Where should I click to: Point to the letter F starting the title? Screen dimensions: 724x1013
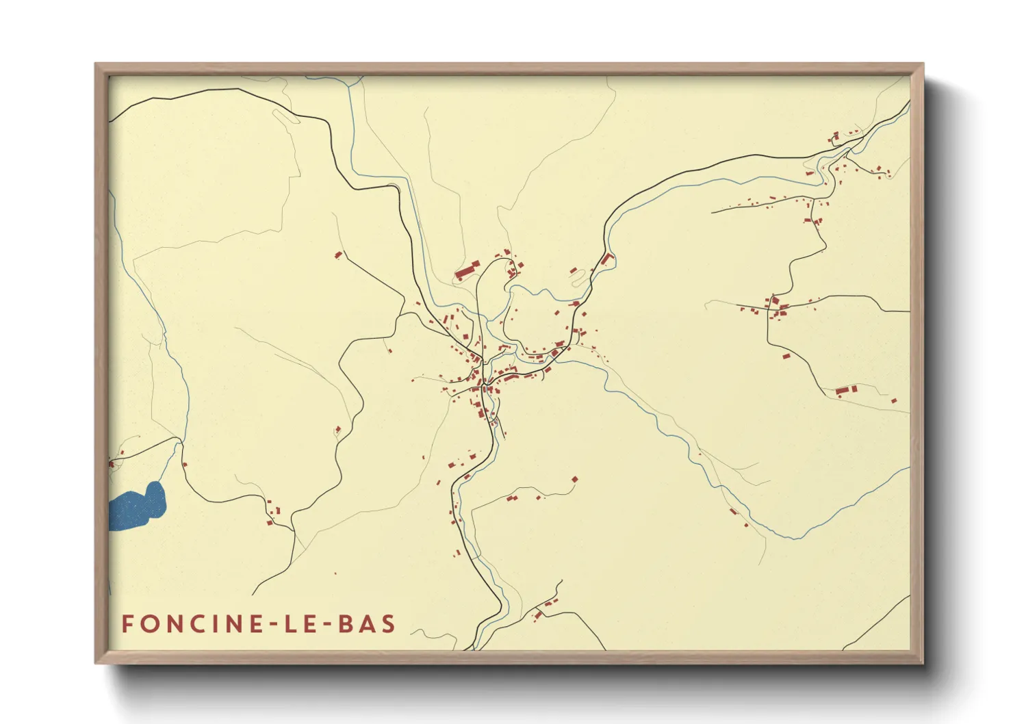tap(127, 624)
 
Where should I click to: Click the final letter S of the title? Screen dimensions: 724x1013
tap(389, 624)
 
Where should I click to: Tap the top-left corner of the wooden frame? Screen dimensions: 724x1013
tap(97, 65)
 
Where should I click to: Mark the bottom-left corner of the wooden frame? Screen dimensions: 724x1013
tap(97, 662)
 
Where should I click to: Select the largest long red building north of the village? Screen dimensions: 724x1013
tap(467, 270)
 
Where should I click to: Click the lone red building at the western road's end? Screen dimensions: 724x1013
tap(337, 255)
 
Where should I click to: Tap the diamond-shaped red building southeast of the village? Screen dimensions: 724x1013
tap(574, 479)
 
